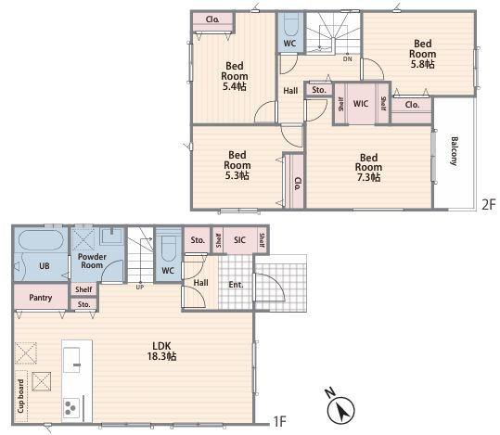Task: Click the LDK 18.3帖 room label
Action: point(161,351)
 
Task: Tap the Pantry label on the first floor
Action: point(41,298)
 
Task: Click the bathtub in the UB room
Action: point(41,239)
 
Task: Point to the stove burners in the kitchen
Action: point(71,407)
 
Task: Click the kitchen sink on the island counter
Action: point(71,360)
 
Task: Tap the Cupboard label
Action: point(20,396)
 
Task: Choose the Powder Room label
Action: point(92,261)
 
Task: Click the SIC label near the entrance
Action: point(239,240)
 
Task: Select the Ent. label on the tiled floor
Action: point(236,285)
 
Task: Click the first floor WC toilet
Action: point(169,248)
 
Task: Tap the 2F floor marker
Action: point(489,204)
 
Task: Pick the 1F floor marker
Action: point(280,422)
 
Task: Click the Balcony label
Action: point(455,151)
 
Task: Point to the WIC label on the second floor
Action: point(361,104)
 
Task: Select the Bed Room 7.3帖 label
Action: point(368,168)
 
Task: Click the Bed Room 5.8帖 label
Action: point(422,54)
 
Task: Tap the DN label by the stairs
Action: point(348,59)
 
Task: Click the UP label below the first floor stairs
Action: point(140,287)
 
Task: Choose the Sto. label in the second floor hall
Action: point(319,90)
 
